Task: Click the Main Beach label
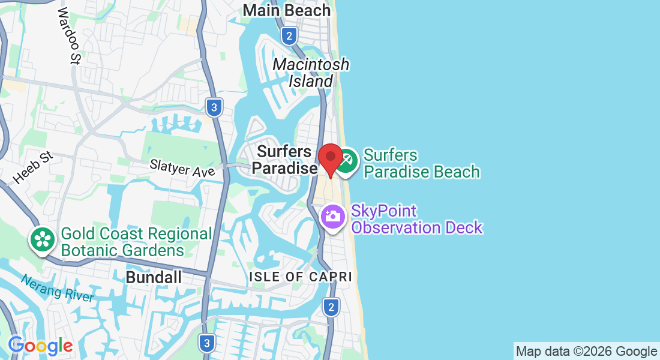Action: pyautogui.click(x=287, y=11)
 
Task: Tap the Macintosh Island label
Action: pyautogui.click(x=311, y=73)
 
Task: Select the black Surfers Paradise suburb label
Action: pyautogui.click(x=284, y=160)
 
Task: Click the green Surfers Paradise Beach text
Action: pyautogui.click(x=422, y=164)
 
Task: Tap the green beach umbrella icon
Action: pyautogui.click(x=346, y=161)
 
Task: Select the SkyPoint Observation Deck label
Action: pyautogui.click(x=417, y=220)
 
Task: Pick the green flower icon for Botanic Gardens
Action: pyautogui.click(x=43, y=240)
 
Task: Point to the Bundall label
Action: pyautogui.click(x=154, y=277)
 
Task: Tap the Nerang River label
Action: pyautogui.click(x=58, y=289)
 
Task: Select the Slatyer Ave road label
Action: pyautogui.click(x=182, y=167)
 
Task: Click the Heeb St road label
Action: pyautogui.click(x=33, y=167)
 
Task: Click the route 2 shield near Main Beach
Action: pyautogui.click(x=289, y=37)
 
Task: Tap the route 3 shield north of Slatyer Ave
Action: pyautogui.click(x=214, y=108)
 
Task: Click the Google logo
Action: pyautogui.click(x=40, y=346)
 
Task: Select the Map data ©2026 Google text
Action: pyautogui.click(x=587, y=352)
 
